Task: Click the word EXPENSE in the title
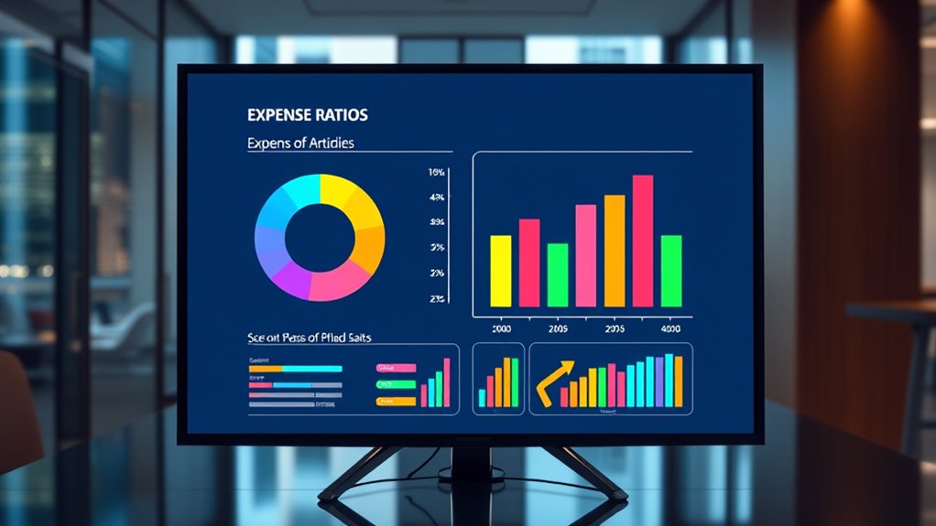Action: tap(278, 115)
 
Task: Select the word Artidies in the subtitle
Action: tap(332, 144)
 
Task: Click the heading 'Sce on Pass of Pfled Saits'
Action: tap(309, 338)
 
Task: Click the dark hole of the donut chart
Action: tap(319, 236)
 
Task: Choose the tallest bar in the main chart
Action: tap(643, 241)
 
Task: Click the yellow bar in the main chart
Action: tap(501, 271)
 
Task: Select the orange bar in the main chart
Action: tap(614, 251)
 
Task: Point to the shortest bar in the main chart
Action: tap(558, 274)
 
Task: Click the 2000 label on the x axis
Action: tap(501, 327)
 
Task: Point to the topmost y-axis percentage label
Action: tap(436, 172)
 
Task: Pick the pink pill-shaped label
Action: tap(396, 368)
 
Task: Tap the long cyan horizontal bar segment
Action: tap(310, 369)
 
